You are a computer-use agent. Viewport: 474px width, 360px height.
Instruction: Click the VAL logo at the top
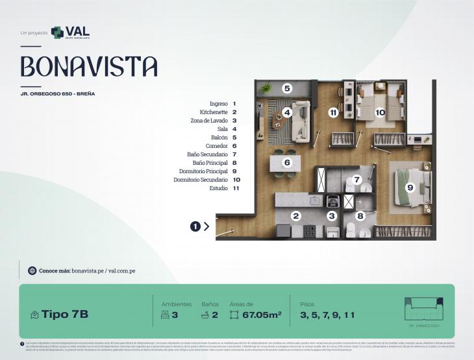click(70, 32)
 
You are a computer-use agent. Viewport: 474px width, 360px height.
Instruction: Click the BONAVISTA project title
click(89, 66)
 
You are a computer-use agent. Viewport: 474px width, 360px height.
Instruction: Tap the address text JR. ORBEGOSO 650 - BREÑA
click(58, 94)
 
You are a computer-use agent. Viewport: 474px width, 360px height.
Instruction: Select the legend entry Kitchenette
click(209, 112)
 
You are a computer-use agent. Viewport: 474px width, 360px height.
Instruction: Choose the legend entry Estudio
click(218, 188)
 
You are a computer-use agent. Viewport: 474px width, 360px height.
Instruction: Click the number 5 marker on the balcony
click(287, 88)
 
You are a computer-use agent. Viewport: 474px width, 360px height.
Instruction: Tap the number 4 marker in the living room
click(286, 112)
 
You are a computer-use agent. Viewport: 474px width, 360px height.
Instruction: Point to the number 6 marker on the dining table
click(287, 163)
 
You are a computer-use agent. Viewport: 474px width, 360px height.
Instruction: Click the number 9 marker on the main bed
click(410, 187)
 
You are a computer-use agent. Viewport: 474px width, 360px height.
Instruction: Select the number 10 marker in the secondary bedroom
click(380, 112)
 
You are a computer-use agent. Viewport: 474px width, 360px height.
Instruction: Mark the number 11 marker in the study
click(333, 112)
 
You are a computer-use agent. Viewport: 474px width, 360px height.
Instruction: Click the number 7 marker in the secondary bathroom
click(356, 180)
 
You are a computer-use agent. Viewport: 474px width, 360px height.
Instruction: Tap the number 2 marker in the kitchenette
click(295, 216)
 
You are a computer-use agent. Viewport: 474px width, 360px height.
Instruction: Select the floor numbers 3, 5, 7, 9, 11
click(328, 315)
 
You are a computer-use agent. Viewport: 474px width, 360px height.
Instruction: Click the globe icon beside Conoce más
click(32, 270)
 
